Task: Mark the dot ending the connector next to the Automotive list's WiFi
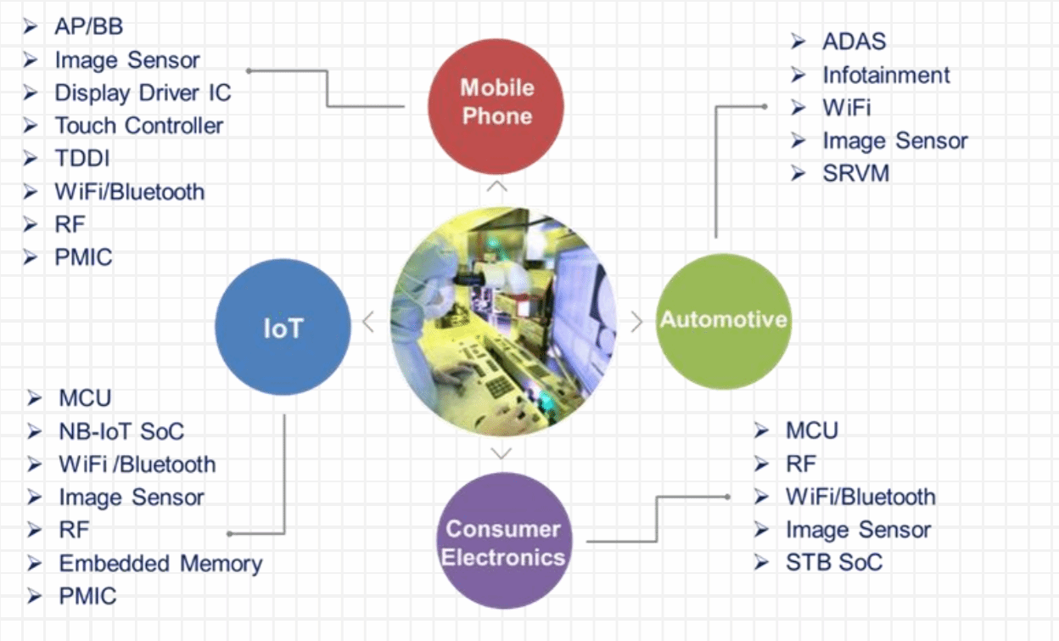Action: [764, 107]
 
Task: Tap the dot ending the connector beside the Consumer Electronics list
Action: [727, 497]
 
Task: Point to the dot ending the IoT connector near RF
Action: [230, 534]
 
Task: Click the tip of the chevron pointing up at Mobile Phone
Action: [497, 181]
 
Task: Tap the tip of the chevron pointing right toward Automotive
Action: [642, 322]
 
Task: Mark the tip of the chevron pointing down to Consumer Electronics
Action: [501, 458]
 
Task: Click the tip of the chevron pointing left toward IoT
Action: [363, 322]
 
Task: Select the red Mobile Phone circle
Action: [496, 106]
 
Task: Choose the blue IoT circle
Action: [283, 327]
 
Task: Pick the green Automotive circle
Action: [724, 322]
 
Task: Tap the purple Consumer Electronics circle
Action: [504, 541]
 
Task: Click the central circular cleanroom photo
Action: [503, 322]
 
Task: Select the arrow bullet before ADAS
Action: [798, 42]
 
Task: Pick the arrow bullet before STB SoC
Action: [761, 563]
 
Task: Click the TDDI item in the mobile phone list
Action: [82, 158]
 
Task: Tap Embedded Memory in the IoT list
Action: [160, 564]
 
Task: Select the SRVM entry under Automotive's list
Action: [855, 173]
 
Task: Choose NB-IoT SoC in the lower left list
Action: [121, 431]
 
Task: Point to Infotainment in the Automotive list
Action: [887, 75]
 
